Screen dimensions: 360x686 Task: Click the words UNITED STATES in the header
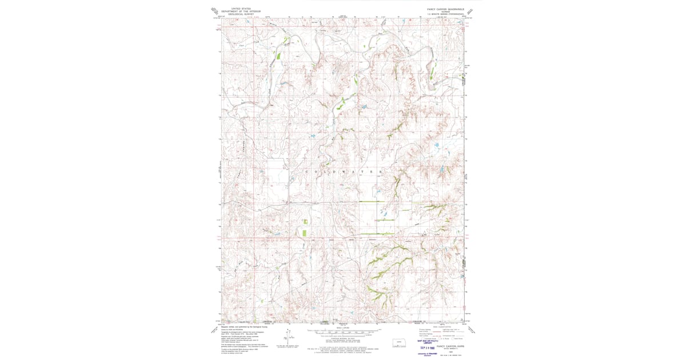pyautogui.click(x=241, y=9)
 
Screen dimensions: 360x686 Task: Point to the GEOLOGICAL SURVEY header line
pyautogui.click(x=241, y=14)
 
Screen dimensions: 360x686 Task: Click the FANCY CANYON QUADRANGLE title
pyautogui.click(x=449, y=9)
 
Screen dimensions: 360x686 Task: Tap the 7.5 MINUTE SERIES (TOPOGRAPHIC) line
pyautogui.click(x=449, y=15)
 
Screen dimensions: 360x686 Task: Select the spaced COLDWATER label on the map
pyautogui.click(x=343, y=171)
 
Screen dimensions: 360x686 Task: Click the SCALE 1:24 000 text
pyautogui.click(x=343, y=328)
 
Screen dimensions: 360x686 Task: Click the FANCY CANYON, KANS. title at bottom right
pyautogui.click(x=449, y=346)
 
